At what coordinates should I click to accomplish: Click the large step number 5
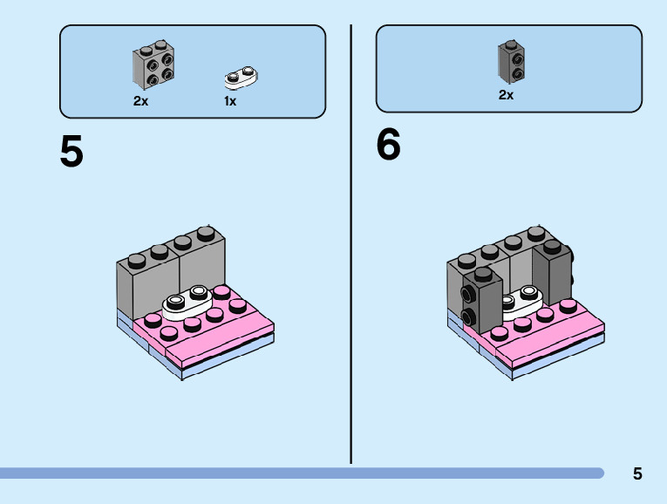pyautogui.click(x=71, y=153)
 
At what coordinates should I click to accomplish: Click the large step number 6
pyautogui.click(x=388, y=145)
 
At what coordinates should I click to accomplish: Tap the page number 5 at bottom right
pyautogui.click(x=637, y=474)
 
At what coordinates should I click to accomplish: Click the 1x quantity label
pyautogui.click(x=230, y=101)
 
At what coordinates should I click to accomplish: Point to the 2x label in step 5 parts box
pyautogui.click(x=140, y=101)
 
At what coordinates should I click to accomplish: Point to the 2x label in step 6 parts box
pyautogui.click(x=506, y=95)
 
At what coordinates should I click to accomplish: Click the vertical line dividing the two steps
pyautogui.click(x=351, y=244)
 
